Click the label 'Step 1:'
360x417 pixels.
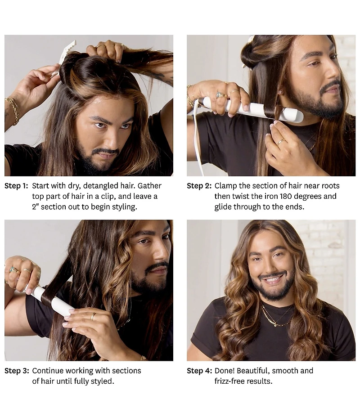16,186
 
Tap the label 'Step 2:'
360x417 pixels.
199,186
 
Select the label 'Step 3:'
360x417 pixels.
17,371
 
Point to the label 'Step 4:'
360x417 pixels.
199,371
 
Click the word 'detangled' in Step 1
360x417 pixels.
101,186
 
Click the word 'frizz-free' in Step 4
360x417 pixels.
229,381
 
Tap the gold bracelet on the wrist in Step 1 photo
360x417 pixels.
13,110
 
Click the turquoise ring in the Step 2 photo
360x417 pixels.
220,94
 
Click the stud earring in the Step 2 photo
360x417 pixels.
280,92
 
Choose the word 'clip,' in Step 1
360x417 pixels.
108,197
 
